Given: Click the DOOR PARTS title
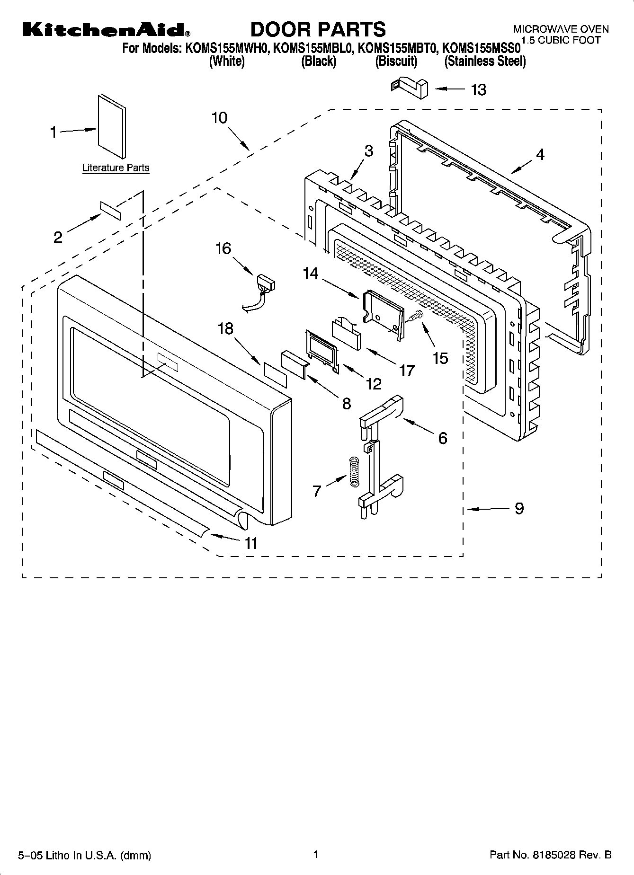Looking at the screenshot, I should pos(318,29).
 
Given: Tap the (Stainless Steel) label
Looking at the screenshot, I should pos(485,61).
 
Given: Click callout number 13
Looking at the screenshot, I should pos(478,89).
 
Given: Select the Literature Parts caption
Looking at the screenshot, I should pos(116,168).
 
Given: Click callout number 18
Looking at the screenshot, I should pos(225,328).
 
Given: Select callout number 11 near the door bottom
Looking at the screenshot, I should pos(250,543).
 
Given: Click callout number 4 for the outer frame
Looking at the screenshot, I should pos(539,154).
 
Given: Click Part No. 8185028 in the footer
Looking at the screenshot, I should pos(550,855).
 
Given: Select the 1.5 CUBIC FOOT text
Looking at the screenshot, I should pos(561,40).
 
